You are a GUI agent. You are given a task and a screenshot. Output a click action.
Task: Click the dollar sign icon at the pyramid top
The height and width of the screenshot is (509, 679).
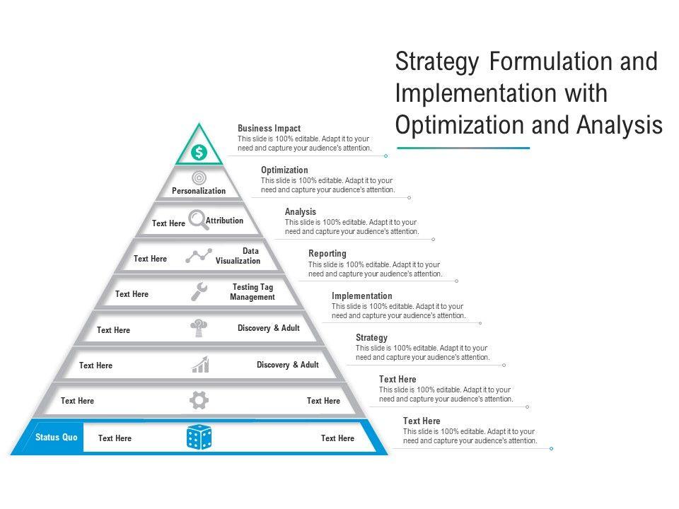click(199, 152)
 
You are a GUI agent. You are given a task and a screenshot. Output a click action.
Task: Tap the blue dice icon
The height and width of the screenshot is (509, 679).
click(199, 437)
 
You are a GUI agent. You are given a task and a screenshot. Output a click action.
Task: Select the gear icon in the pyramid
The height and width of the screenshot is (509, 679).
click(199, 401)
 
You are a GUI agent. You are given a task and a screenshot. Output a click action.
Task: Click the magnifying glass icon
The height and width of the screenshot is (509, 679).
click(198, 220)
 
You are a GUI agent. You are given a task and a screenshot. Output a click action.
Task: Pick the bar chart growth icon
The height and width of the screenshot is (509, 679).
click(200, 364)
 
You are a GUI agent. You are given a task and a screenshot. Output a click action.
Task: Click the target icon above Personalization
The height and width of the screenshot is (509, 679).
click(199, 178)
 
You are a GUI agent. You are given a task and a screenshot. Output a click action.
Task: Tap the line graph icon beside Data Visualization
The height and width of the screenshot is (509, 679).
click(199, 256)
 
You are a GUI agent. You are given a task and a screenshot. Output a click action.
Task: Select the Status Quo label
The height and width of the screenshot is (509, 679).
click(57, 438)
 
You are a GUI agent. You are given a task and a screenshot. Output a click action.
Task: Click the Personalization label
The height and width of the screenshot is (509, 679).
click(199, 191)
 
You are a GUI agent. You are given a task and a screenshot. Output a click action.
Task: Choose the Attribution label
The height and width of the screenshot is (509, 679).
click(224, 221)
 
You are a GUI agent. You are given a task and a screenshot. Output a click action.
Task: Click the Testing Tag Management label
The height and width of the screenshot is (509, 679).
click(252, 292)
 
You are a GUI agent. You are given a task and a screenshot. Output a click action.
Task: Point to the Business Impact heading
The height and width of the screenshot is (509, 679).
click(269, 129)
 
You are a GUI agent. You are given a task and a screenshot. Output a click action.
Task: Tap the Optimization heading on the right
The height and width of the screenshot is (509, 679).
click(284, 170)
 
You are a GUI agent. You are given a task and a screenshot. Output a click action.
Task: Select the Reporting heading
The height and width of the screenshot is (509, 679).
click(327, 254)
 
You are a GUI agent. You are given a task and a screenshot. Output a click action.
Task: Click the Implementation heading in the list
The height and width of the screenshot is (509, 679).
click(361, 296)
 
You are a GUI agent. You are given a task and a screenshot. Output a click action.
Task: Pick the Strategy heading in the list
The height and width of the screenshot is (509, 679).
click(371, 338)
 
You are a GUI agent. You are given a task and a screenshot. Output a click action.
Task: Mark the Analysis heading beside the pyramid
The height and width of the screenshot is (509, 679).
click(301, 212)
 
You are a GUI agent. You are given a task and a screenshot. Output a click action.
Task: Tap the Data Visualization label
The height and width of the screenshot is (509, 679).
click(238, 256)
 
